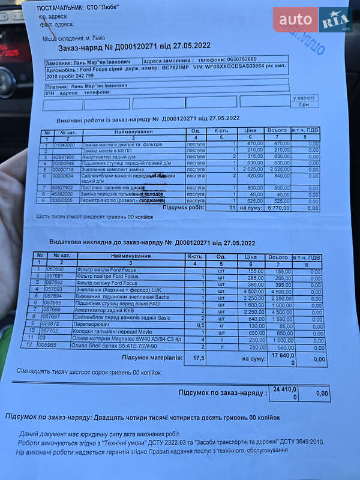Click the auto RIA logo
(x=312, y=20)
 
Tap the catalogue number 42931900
(x=64, y=156)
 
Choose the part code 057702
(x=49, y=329)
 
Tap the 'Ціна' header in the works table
(x=250, y=131)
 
